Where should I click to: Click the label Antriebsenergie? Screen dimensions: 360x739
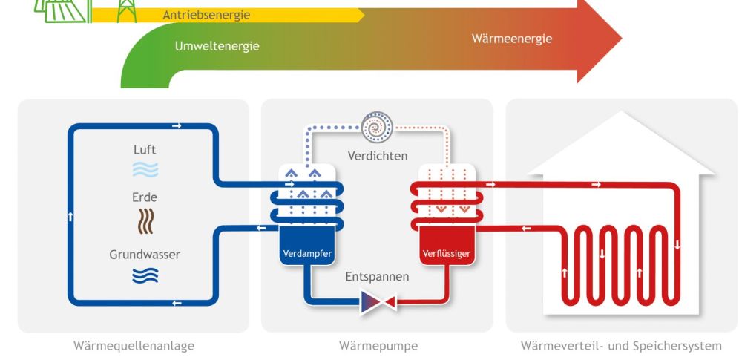tap(206, 15)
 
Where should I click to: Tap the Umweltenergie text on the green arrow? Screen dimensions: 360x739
tap(217, 46)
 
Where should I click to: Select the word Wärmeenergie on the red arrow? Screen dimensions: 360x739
tap(512, 39)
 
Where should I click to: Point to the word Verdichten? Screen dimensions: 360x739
tap(378, 157)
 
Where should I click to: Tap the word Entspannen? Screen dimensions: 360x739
tap(377, 277)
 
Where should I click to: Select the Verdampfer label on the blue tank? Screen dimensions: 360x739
tap(306, 254)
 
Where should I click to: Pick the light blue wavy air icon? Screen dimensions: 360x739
tap(145, 171)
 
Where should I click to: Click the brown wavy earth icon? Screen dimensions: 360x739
tap(145, 220)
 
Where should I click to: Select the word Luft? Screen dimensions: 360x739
tap(145, 151)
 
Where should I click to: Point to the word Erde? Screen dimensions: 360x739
tap(145, 197)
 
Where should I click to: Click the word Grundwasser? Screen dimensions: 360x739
tap(145, 255)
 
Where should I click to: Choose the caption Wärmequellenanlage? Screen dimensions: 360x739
tap(134, 346)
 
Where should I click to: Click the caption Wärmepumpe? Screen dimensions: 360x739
tap(378, 346)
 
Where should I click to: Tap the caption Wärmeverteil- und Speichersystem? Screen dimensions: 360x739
tap(620, 346)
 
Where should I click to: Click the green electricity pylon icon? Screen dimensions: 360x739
tap(126, 10)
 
